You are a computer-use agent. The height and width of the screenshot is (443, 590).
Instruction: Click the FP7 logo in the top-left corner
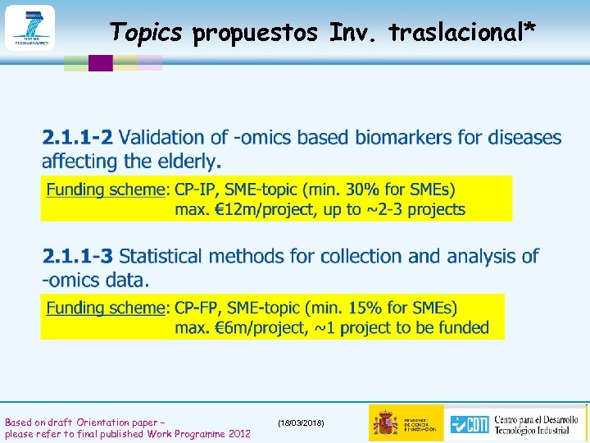pos(29,28)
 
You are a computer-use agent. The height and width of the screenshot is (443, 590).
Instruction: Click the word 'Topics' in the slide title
pos(147,32)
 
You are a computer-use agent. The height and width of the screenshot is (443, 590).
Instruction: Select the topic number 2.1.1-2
pos(79,138)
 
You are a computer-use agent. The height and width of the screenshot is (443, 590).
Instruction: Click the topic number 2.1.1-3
pos(79,256)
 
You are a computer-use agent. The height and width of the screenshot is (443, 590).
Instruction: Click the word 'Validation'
pos(169,138)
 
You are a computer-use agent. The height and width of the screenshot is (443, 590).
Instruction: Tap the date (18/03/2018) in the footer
pos(301,422)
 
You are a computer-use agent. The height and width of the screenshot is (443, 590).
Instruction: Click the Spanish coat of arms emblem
pos(386,423)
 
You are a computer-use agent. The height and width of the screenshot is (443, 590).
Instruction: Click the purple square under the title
pos(100,63)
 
